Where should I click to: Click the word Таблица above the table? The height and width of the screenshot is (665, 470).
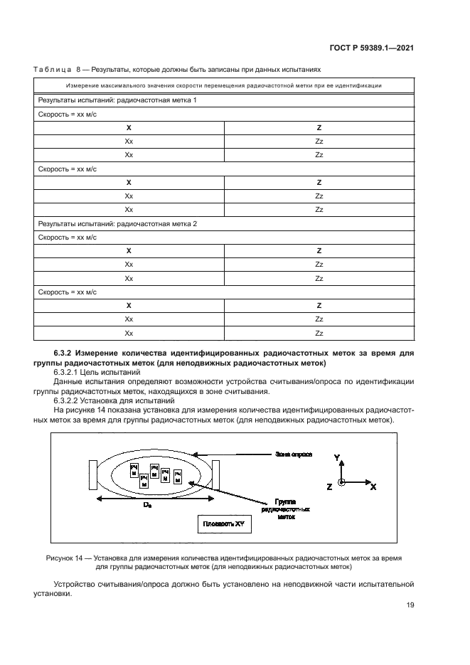point(51,70)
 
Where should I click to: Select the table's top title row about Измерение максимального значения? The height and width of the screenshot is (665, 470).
point(221,86)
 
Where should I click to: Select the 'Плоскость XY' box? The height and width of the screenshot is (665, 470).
point(224,525)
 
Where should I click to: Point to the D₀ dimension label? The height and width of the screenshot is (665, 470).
point(146,504)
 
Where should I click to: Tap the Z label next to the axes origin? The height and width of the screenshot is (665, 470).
point(329,486)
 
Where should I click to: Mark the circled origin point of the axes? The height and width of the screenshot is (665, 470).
point(342,482)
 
